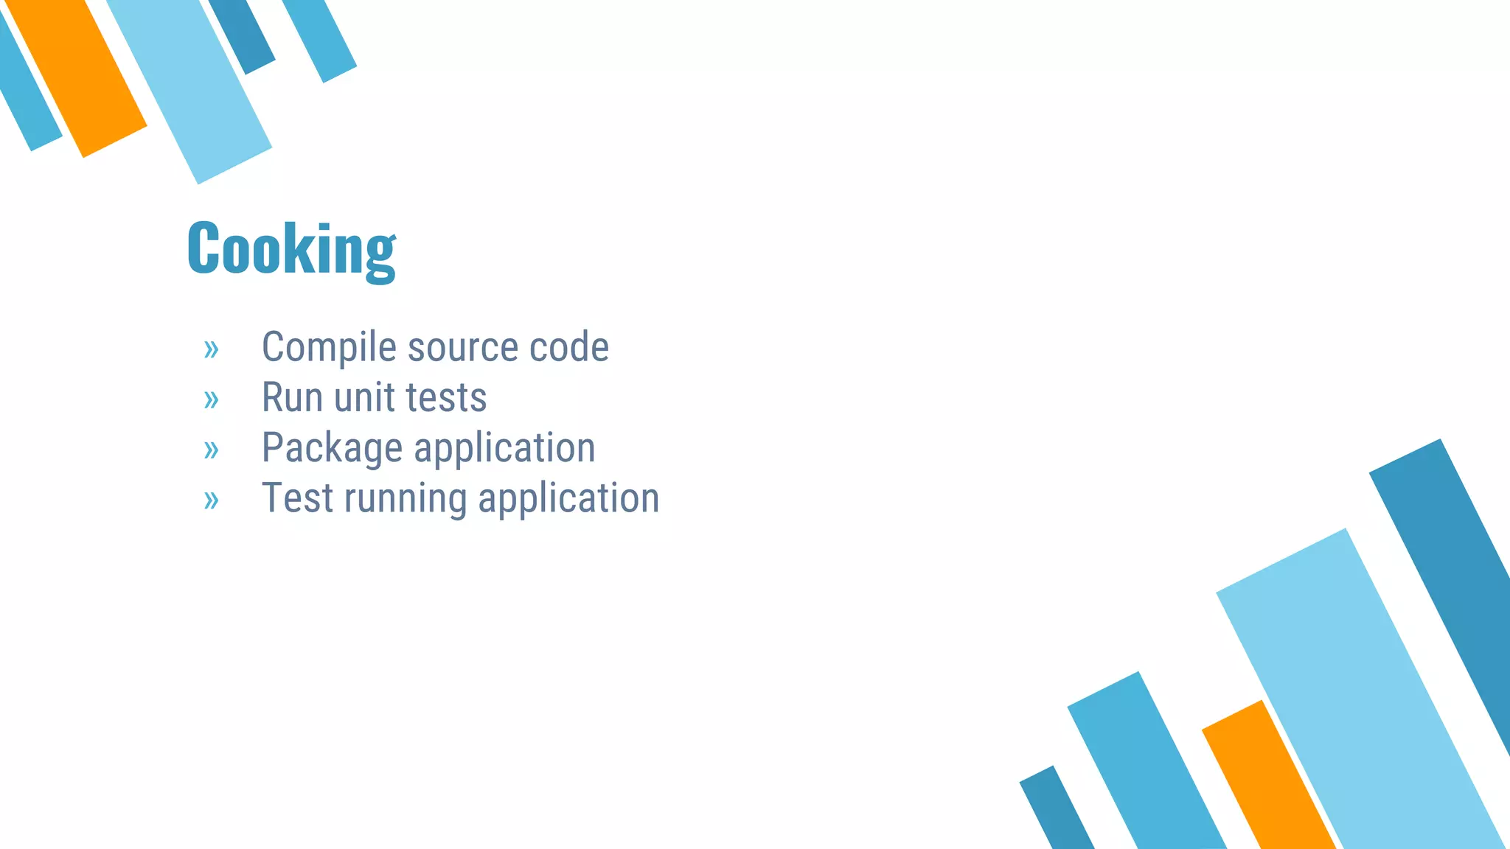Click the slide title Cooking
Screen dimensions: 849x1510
coord(291,249)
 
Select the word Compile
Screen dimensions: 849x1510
coord(330,347)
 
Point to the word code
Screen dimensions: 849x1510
coord(569,347)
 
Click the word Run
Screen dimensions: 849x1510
coord(292,398)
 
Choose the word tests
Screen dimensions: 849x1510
coord(447,398)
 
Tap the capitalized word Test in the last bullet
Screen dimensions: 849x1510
coord(297,498)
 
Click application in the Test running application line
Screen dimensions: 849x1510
coord(568,498)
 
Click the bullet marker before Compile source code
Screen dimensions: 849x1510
coord(212,349)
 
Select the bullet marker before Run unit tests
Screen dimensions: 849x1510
coord(212,400)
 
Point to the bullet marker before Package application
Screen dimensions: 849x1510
coord(212,450)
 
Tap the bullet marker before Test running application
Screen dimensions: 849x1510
coord(212,500)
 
